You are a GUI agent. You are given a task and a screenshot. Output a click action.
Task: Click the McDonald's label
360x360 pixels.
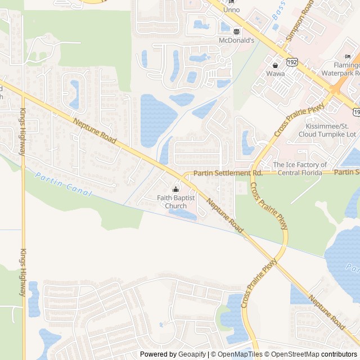click(x=236, y=40)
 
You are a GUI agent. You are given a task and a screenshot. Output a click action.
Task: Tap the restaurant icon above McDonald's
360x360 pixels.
click(x=236, y=31)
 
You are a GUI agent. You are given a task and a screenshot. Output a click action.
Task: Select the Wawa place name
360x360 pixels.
click(x=275, y=74)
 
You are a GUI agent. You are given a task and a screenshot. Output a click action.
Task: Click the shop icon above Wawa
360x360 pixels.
click(x=275, y=65)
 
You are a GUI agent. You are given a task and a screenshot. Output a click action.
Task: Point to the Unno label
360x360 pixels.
click(x=231, y=10)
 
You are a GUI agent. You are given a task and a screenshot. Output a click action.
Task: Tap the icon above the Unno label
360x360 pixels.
click(x=231, y=2)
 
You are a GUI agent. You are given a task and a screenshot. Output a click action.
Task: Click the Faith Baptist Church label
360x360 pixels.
click(x=176, y=201)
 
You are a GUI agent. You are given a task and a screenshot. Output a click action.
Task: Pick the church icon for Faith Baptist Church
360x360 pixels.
click(x=176, y=188)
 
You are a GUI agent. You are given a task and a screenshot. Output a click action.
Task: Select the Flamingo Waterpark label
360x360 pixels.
click(x=341, y=69)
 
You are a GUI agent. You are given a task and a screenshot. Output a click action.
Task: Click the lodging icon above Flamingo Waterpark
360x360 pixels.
click(x=348, y=56)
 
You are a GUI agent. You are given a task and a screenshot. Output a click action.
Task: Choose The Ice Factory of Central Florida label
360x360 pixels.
click(x=300, y=169)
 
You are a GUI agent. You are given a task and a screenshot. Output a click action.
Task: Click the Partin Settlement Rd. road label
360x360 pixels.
click(x=228, y=173)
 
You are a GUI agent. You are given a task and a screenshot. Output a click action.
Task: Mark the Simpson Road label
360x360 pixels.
click(x=299, y=20)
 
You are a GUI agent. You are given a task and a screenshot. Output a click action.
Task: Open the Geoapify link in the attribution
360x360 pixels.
click(x=192, y=354)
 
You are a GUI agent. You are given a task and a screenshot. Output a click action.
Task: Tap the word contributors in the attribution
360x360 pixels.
click(x=339, y=354)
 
